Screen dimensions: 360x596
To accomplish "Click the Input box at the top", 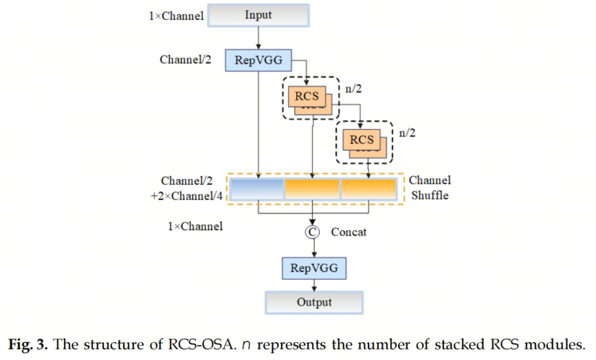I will [x=258, y=15].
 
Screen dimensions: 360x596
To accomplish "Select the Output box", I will [x=314, y=302].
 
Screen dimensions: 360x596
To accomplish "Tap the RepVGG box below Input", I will [x=257, y=59].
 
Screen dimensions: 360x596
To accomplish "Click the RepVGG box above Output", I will [x=313, y=267].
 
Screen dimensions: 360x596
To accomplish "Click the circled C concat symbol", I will [x=313, y=232].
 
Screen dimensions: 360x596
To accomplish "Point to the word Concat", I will [x=349, y=232].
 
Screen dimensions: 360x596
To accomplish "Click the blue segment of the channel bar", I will [x=257, y=189].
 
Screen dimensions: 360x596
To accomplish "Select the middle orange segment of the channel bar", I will [x=313, y=189].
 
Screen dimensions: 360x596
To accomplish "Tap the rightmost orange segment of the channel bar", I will [x=368, y=189].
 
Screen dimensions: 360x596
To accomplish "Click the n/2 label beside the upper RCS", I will [x=353, y=89].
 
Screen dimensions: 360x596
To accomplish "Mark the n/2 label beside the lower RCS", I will [x=408, y=133].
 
